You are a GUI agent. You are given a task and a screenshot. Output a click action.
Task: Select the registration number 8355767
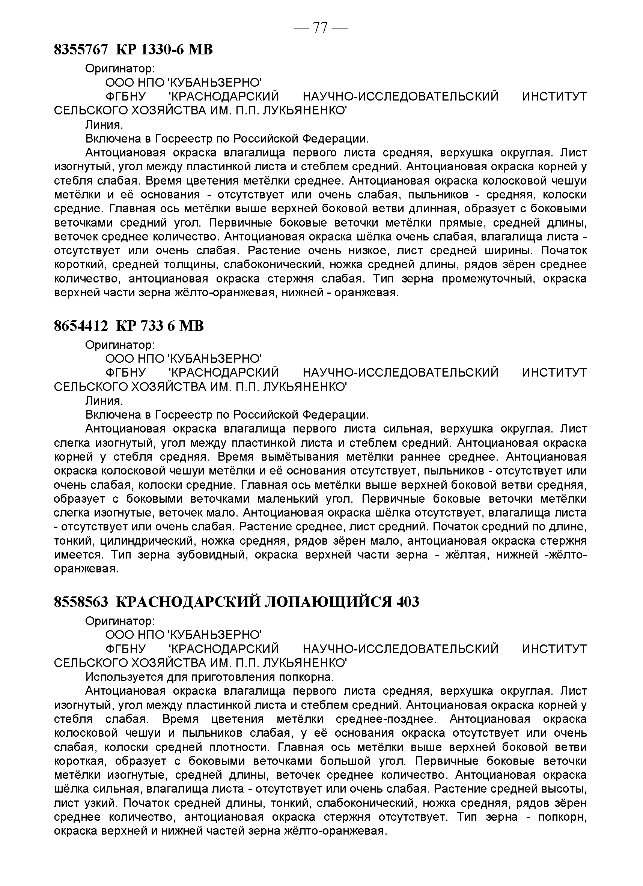[81, 50]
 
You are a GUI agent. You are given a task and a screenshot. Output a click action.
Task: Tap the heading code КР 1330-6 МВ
[164, 50]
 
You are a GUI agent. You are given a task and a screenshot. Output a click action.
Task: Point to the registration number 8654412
[81, 326]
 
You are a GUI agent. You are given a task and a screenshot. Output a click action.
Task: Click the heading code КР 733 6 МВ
[160, 326]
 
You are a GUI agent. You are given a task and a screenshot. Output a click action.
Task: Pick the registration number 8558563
[81, 602]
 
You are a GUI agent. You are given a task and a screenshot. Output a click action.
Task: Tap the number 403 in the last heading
[408, 602]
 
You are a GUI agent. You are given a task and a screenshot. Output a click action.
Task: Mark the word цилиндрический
[147, 541]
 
